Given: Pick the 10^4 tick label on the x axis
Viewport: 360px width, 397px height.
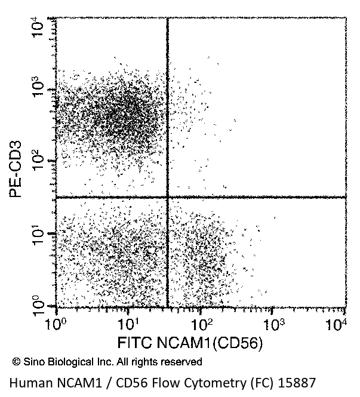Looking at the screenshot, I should [x=339, y=325].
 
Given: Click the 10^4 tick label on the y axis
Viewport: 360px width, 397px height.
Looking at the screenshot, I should [x=38, y=26].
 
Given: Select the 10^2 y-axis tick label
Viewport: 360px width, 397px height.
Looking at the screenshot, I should [x=38, y=158].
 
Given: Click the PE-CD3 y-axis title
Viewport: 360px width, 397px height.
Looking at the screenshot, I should [x=16, y=168].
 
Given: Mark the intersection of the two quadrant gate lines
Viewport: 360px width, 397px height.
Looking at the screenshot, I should [x=167, y=197].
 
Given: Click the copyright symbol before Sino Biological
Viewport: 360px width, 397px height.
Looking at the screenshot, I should [x=16, y=362].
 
